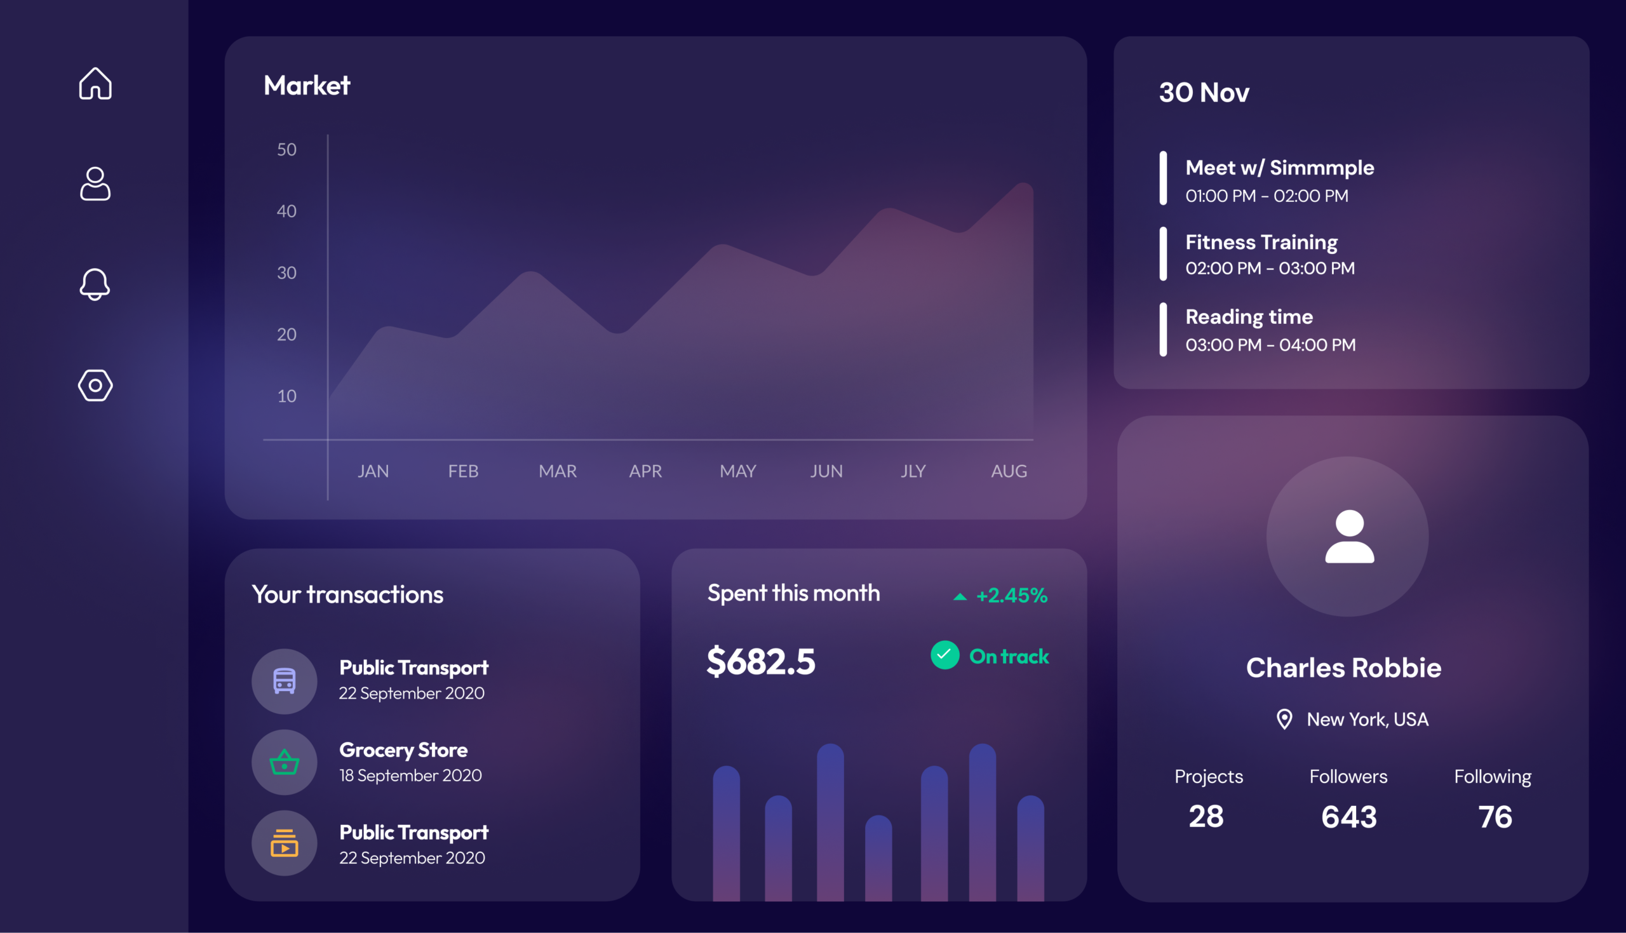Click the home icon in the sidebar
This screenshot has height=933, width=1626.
pos(95,83)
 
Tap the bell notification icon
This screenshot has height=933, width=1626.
pos(95,284)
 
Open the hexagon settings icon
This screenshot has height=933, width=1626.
pos(95,385)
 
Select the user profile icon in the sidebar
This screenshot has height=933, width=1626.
pos(95,184)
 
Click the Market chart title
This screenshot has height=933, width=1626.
pos(307,85)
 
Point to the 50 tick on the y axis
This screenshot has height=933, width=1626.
pos(286,149)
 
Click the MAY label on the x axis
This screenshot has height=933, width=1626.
pos(737,471)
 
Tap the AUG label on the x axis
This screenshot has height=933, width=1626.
pos(1009,471)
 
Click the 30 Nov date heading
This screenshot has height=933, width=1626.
pos(1204,92)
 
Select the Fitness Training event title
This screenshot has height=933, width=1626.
pos(1261,242)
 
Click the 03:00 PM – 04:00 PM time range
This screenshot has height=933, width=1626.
pos(1270,345)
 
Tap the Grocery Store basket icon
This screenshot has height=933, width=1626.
pos(285,763)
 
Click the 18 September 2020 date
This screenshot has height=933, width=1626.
pos(410,775)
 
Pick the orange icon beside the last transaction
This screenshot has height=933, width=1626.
pos(285,843)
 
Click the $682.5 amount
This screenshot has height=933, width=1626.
pos(761,661)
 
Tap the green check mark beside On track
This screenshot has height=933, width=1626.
pos(945,655)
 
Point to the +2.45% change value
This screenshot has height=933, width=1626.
pos(1012,595)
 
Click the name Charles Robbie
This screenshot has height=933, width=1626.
pos(1343,668)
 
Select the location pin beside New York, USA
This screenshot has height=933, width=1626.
pos(1284,719)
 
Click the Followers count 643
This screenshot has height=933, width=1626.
pos(1348,816)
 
